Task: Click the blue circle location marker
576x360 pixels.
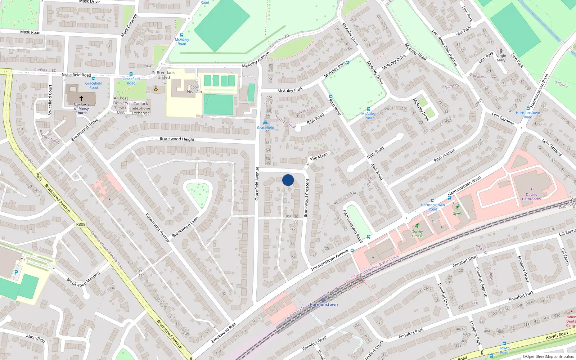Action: pyautogui.click(x=288, y=180)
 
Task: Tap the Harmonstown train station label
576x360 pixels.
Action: pyautogui.click(x=324, y=305)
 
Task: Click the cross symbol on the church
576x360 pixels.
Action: pyautogui.click(x=81, y=98)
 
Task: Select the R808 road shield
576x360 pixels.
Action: pyautogui.click(x=81, y=224)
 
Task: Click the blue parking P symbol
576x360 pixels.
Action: pyautogui.click(x=16, y=273)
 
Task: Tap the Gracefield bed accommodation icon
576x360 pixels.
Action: pyautogui.click(x=266, y=123)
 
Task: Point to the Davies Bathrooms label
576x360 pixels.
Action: pyautogui.click(x=531, y=197)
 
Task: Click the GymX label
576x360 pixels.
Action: pyautogui.click(x=457, y=213)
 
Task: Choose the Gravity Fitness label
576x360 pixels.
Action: pyautogui.click(x=417, y=234)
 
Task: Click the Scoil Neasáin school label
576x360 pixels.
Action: pyautogui.click(x=194, y=89)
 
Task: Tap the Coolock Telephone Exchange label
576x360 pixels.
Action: pyautogui.click(x=140, y=108)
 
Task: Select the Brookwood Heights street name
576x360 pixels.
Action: pyautogui.click(x=178, y=139)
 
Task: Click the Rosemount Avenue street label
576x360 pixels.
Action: pyautogui.click(x=157, y=227)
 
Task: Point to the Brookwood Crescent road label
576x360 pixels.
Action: pyautogui.click(x=306, y=198)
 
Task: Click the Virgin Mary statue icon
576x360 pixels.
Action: pyautogui.click(x=500, y=51)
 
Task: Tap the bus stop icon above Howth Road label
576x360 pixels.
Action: pyautogui.click(x=504, y=343)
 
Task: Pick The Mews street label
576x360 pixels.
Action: pyautogui.click(x=319, y=157)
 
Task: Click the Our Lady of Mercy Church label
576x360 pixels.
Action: pyautogui.click(x=82, y=108)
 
